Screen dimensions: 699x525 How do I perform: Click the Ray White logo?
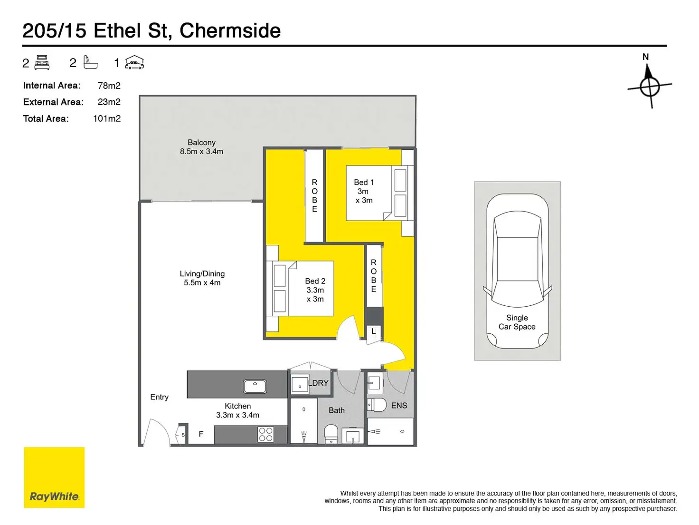pyautogui.click(x=54, y=477)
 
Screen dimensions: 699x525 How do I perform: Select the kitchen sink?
pyautogui.click(x=255, y=386)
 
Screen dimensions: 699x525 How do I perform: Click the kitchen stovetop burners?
pyautogui.click(x=266, y=434)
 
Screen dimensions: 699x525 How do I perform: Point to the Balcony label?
pyautogui.click(x=201, y=143)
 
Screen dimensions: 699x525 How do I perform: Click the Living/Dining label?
pyautogui.click(x=202, y=274)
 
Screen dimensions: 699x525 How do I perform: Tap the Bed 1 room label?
pyautogui.click(x=364, y=183)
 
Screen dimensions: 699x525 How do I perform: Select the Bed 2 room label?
pyautogui.click(x=315, y=281)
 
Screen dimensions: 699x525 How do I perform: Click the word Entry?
pyautogui.click(x=160, y=397)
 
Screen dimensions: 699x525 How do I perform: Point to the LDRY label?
pyautogui.click(x=319, y=383)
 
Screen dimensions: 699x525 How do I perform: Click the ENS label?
pyautogui.click(x=399, y=406)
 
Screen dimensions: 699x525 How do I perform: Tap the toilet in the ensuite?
pyautogui.click(x=378, y=405)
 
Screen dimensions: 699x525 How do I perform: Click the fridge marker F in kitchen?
pyautogui.click(x=201, y=434)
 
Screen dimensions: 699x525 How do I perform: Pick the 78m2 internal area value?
pyautogui.click(x=109, y=86)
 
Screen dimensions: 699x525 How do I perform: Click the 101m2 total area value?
pyautogui.click(x=107, y=118)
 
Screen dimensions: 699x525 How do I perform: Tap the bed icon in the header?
pyautogui.click(x=42, y=62)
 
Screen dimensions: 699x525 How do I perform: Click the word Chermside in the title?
pyautogui.click(x=230, y=31)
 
